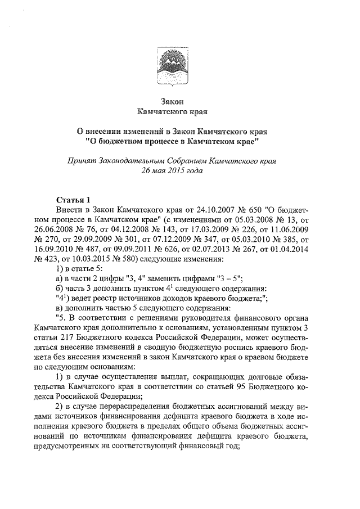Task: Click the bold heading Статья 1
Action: tap(73, 200)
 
